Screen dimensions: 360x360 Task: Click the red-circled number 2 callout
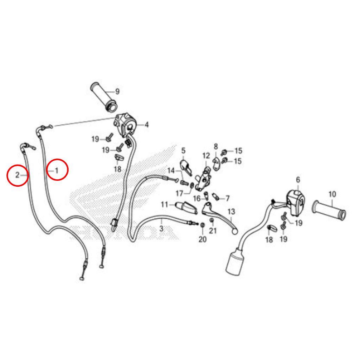(x=18, y=175)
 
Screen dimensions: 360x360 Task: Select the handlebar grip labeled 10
(x=329, y=210)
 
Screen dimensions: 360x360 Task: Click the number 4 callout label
(x=147, y=125)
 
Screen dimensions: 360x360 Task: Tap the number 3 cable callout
(x=161, y=228)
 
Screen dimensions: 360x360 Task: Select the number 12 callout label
(x=206, y=156)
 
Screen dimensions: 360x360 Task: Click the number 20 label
(x=202, y=239)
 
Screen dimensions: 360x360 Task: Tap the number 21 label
(x=213, y=230)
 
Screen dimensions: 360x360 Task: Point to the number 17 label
(x=179, y=194)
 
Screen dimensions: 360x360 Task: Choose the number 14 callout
(x=171, y=171)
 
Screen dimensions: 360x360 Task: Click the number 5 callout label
(x=183, y=151)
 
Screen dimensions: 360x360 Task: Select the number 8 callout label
(x=216, y=147)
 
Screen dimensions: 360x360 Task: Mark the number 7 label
(x=227, y=198)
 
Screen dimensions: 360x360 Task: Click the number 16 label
(x=197, y=198)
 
